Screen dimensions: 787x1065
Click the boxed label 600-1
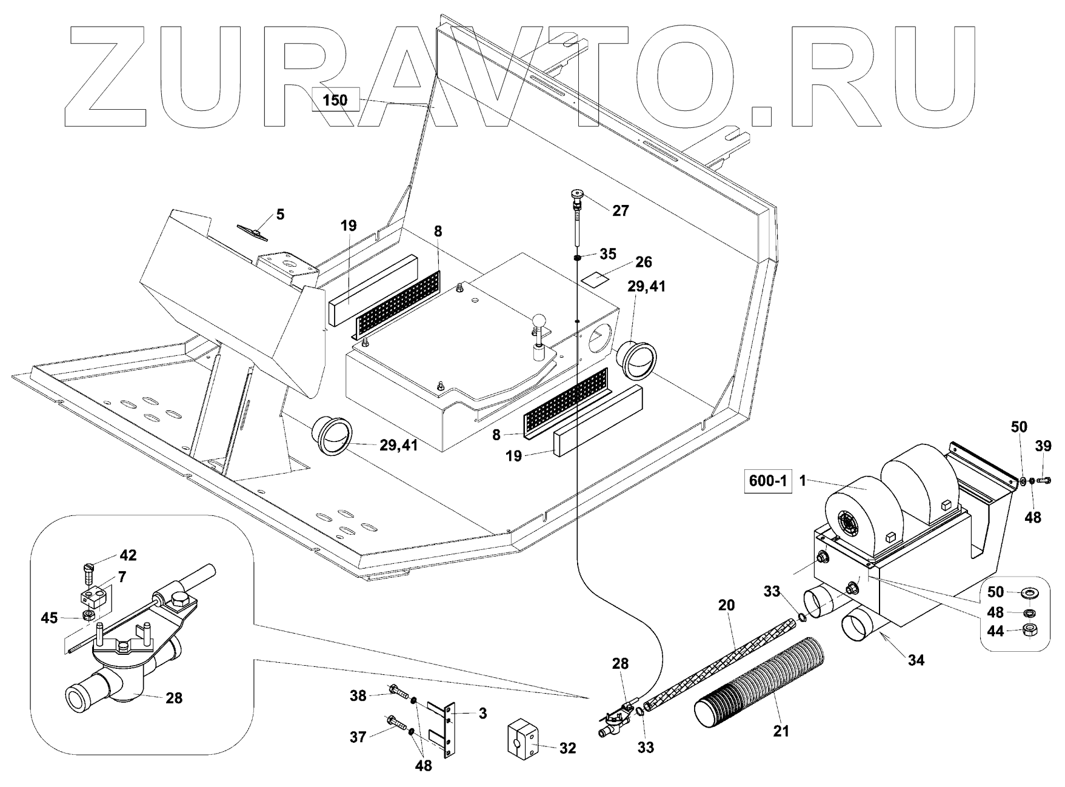click(768, 481)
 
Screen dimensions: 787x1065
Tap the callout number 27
click(621, 210)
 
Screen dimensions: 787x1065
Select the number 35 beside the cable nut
click(608, 253)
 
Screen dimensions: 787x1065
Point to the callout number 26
click(643, 262)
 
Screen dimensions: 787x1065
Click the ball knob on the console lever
click(539, 320)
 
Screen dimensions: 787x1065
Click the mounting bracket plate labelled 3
click(447, 729)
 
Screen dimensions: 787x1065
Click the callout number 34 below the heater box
click(916, 660)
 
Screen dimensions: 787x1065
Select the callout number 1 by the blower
click(803, 481)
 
